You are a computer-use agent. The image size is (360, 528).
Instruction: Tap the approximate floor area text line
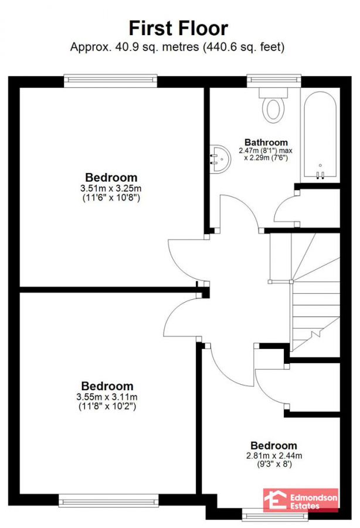(x=178, y=46)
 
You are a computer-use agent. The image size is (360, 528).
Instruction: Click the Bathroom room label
(x=266, y=142)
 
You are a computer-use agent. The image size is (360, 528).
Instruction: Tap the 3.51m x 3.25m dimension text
(x=111, y=188)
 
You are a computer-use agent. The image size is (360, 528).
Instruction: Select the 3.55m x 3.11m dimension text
(x=107, y=397)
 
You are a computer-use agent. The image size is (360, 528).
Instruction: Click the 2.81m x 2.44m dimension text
(x=274, y=455)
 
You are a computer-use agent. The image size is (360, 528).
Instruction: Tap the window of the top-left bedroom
(x=111, y=80)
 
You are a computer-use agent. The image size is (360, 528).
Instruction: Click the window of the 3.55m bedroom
(x=108, y=500)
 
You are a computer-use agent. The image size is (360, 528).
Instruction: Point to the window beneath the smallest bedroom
(x=274, y=516)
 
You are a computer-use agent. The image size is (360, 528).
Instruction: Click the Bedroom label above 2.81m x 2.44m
(x=274, y=446)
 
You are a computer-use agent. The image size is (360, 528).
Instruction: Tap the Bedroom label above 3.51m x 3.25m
(x=111, y=177)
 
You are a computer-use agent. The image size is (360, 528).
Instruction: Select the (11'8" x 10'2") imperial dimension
(x=107, y=406)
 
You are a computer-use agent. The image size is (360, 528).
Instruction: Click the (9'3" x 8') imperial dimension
(x=274, y=464)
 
